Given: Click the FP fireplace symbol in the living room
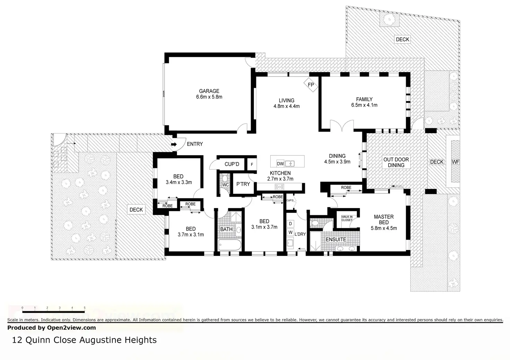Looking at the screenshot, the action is point(310,85).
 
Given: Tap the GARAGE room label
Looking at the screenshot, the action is point(209,91).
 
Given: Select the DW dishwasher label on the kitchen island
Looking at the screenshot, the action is point(280,164).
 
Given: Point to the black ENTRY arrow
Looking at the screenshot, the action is point(174,144).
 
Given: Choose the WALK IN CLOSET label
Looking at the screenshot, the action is point(346,218).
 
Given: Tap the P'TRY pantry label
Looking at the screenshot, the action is point(243,184).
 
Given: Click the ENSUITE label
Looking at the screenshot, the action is point(335,239).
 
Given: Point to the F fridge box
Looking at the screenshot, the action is point(252,164).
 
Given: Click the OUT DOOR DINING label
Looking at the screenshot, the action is point(396,162).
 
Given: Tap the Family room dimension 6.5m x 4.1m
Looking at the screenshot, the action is point(364,105).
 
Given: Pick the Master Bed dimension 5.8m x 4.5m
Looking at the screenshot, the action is point(384,228).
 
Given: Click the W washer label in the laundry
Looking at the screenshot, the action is point(290,232).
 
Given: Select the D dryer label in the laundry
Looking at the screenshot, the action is point(290,224).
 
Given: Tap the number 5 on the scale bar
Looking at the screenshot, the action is point(85,307).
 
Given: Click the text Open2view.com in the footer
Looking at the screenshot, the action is point(71,327).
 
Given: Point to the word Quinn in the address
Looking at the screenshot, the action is point(40,340).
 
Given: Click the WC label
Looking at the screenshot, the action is point(225,185).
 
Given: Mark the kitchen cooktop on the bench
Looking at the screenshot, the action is point(279,187).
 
